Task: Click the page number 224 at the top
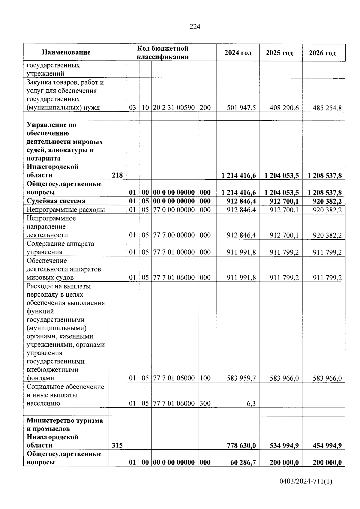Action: [195, 27]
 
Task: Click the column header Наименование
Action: [66, 52]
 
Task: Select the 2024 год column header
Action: [238, 53]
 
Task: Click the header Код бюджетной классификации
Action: [163, 52]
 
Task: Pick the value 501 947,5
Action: [241, 108]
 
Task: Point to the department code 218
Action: [117, 175]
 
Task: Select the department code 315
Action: [117, 445]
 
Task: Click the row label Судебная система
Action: [56, 201]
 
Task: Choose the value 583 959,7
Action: [241, 378]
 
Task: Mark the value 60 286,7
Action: [243, 462]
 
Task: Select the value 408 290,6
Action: [284, 108]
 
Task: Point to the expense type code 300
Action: [205, 403]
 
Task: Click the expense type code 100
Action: [205, 378]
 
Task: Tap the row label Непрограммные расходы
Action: [66, 210]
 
